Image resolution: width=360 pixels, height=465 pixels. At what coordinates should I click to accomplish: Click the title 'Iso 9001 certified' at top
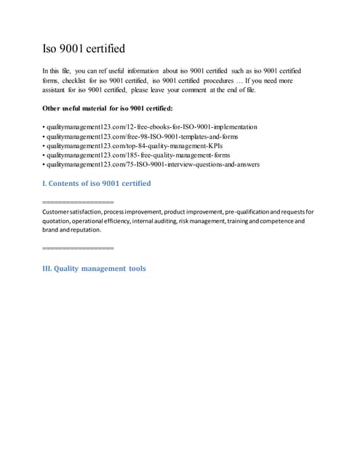(84, 49)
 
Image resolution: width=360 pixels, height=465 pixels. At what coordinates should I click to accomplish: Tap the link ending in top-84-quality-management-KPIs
(132, 146)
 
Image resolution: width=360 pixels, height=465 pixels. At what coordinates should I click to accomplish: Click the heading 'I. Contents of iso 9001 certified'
(97, 183)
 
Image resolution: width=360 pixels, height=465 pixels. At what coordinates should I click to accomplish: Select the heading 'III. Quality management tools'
(95, 268)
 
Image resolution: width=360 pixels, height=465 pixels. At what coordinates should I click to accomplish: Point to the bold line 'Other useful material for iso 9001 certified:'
(108, 109)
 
